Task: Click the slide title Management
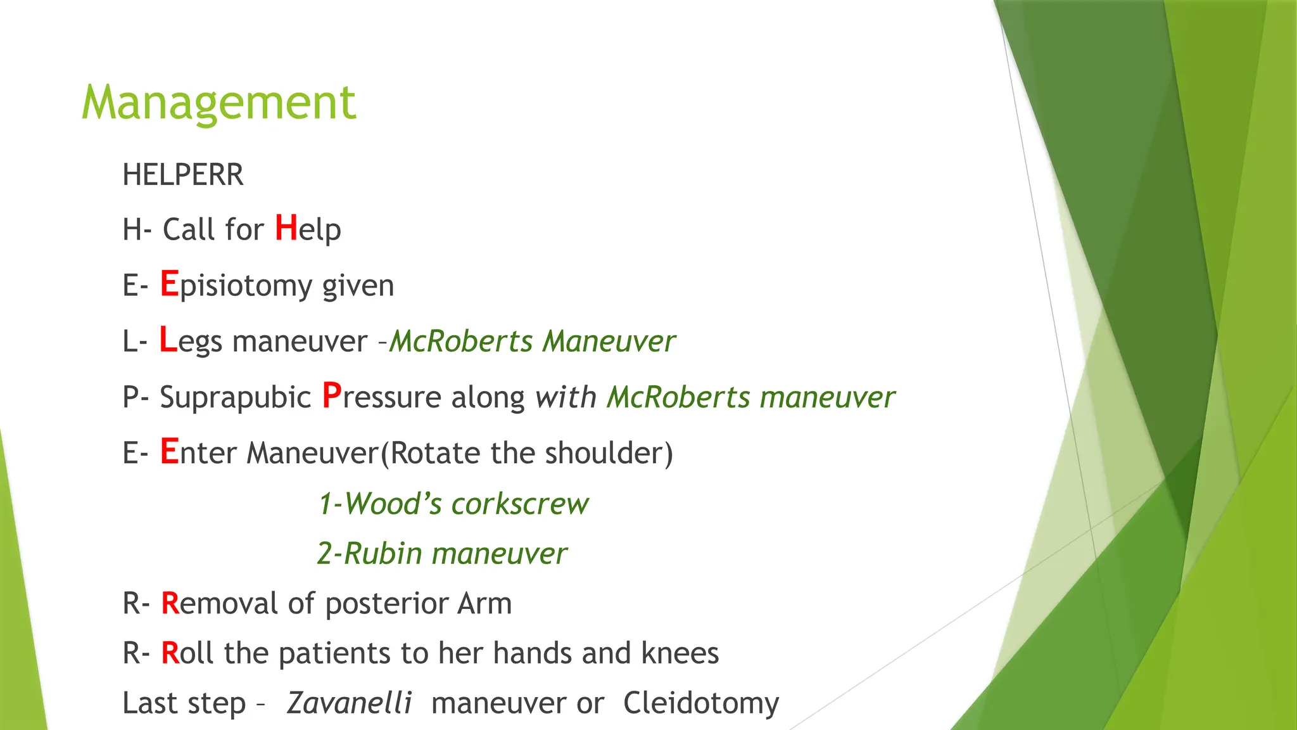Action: point(218,103)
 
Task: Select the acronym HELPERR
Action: point(182,175)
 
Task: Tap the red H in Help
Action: point(286,228)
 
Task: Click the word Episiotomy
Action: point(245,286)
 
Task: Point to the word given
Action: point(358,286)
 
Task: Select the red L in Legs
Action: point(168,340)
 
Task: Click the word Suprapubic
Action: point(235,397)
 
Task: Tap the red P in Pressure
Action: point(332,396)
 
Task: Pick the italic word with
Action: point(566,397)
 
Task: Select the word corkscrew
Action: point(520,504)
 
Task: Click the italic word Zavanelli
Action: point(349,703)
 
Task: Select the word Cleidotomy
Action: point(701,703)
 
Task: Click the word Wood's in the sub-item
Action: point(387,504)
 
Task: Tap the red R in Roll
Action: point(170,653)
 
